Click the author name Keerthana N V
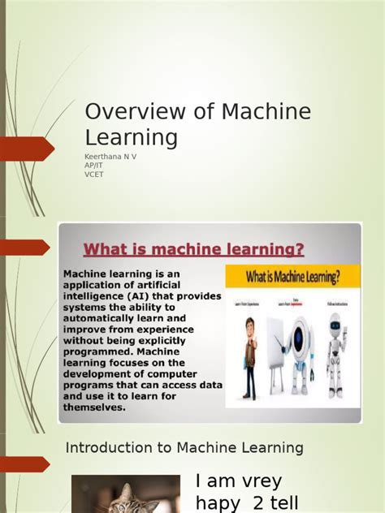coord(110,155)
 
